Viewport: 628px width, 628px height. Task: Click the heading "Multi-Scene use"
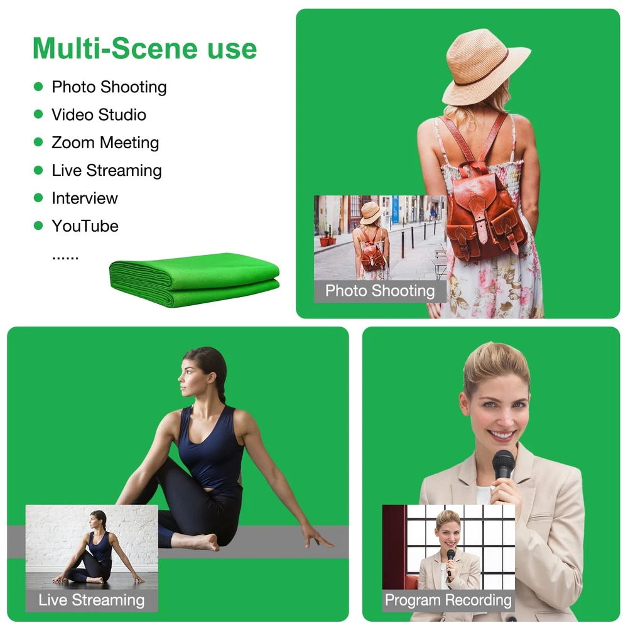(x=144, y=49)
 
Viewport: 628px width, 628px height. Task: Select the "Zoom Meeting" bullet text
(x=106, y=143)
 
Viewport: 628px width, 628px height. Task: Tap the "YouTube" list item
(x=85, y=226)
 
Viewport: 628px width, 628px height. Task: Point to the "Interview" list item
(x=85, y=198)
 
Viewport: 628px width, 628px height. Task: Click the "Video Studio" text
(x=99, y=115)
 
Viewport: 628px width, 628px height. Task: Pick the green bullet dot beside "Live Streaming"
(x=38, y=170)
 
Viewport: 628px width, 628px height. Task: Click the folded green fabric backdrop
(x=194, y=279)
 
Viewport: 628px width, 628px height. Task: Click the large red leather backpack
(x=487, y=208)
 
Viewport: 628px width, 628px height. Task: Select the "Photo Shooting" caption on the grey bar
(x=380, y=291)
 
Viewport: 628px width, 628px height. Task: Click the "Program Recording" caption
(x=448, y=600)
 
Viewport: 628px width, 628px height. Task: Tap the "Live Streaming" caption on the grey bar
(x=92, y=600)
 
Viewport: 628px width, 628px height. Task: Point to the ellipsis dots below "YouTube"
(x=65, y=258)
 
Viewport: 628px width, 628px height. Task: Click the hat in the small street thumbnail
(x=372, y=212)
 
